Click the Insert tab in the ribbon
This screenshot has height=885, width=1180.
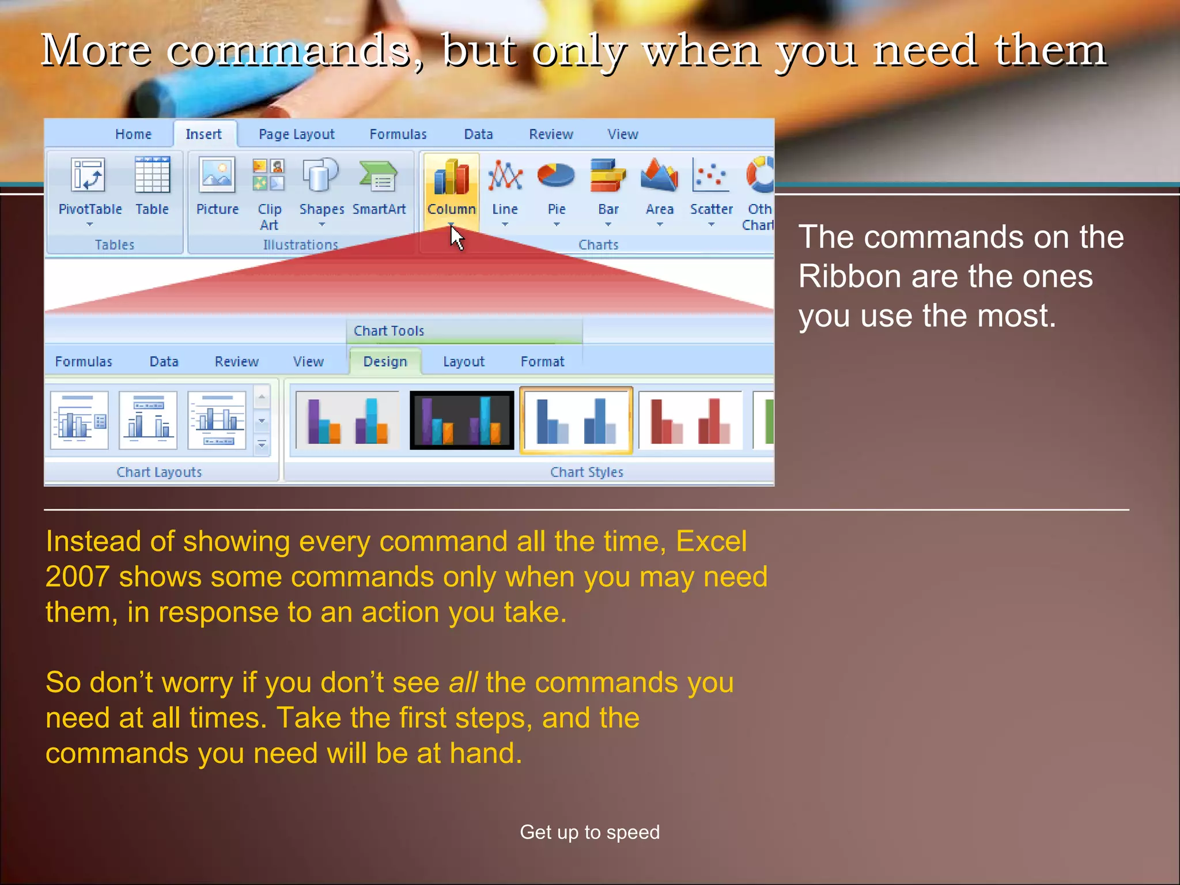point(203,134)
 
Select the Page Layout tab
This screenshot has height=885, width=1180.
point(296,134)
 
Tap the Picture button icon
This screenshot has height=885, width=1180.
point(217,175)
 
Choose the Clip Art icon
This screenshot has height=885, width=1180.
point(268,175)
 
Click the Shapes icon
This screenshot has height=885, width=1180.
point(321,175)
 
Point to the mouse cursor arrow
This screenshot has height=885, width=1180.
point(456,237)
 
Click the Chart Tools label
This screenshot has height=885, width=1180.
point(389,331)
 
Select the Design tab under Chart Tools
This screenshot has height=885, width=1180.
point(385,362)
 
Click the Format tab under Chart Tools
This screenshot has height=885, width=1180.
point(542,362)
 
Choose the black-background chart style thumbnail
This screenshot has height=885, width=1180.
point(462,420)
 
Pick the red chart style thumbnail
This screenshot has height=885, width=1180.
point(690,420)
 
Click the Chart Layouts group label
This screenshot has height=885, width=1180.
point(159,472)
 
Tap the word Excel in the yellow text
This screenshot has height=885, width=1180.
point(711,542)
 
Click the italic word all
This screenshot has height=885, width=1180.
point(463,683)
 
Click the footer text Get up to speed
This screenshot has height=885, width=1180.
point(589,832)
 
